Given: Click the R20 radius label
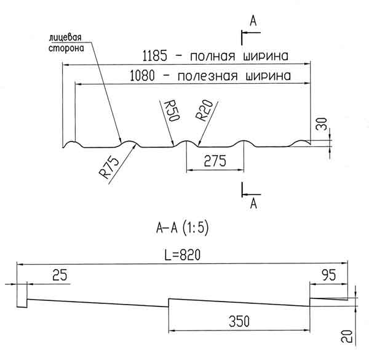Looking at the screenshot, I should coord(202,113).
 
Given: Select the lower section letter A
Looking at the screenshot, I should coord(253,202).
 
